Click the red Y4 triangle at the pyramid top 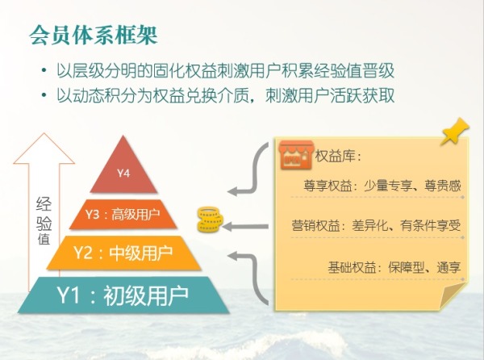[123, 169]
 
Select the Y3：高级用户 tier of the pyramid [123, 216]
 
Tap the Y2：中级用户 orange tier [123, 253]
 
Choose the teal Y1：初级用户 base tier [123, 295]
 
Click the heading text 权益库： [338, 156]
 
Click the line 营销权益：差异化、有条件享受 [376, 225]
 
